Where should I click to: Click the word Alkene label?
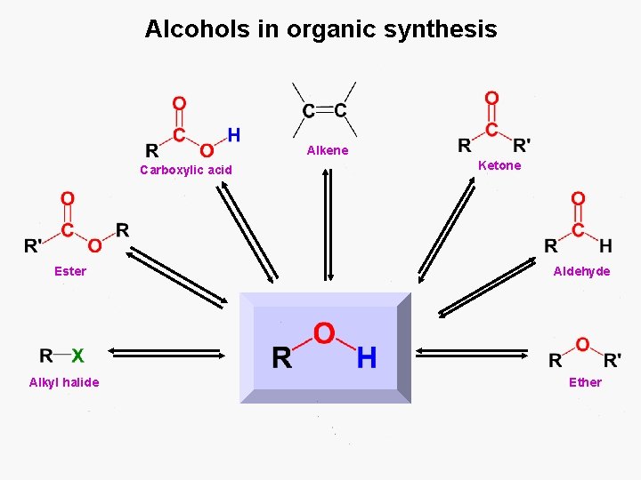(328, 150)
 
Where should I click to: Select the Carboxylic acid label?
(186, 170)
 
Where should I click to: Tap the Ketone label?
(499, 165)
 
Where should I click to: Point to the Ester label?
(70, 271)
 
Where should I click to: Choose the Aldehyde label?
(582, 271)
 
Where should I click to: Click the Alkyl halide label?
(64, 382)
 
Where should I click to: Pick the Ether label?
(585, 382)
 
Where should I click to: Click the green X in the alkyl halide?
(77, 356)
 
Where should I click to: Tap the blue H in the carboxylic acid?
(233, 135)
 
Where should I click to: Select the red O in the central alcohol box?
(324, 334)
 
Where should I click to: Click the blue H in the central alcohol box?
(366, 358)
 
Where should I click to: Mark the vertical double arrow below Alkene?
(328, 224)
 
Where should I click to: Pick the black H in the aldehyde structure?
(605, 245)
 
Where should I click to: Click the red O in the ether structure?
(582, 344)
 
